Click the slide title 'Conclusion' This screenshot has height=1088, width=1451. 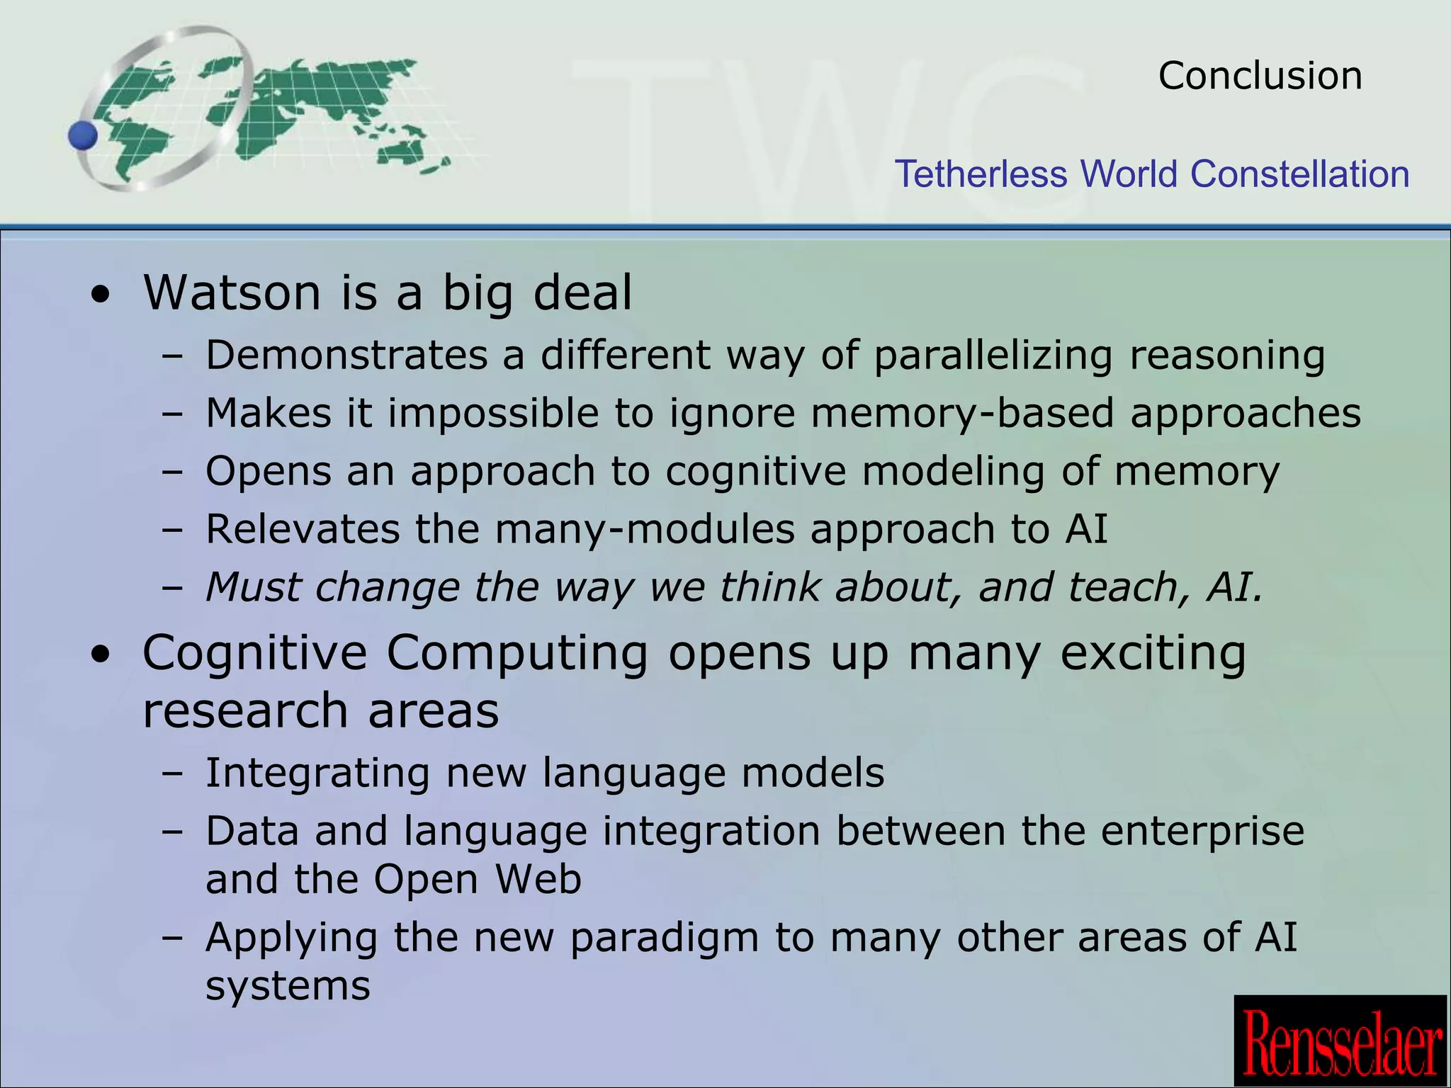1260,76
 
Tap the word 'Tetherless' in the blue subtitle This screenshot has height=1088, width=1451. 981,174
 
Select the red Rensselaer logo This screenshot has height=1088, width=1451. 1341,1041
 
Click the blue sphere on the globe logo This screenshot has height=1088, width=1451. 84,135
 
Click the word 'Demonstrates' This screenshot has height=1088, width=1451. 346,355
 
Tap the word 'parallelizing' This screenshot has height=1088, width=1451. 993,355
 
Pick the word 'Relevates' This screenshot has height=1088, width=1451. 303,529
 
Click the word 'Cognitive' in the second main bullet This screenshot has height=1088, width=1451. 254,652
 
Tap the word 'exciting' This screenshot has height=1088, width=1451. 1153,652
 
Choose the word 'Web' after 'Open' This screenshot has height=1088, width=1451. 538,879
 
